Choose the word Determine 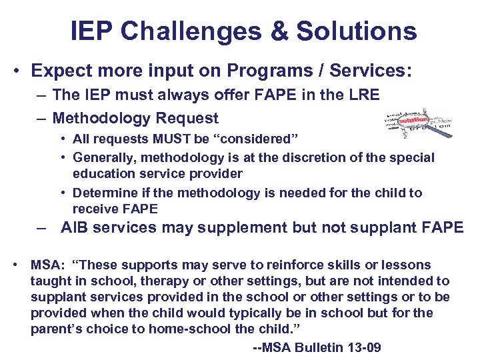(102, 193)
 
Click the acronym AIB (75, 227)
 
